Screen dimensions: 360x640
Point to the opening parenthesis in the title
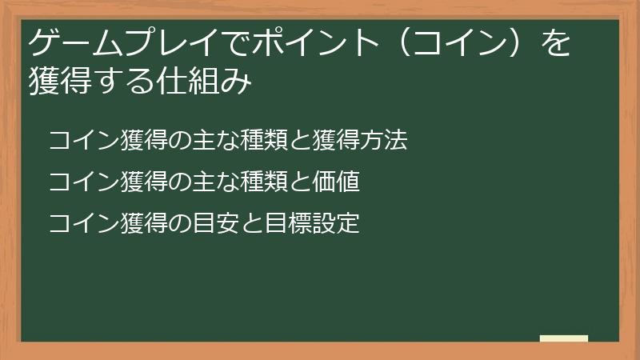coord(406,42)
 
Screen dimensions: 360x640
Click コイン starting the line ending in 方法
coord(74,142)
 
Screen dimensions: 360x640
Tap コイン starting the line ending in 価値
coord(74,182)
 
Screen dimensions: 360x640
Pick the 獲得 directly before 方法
coord(335,142)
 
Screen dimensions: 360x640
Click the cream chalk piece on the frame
coord(564,338)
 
